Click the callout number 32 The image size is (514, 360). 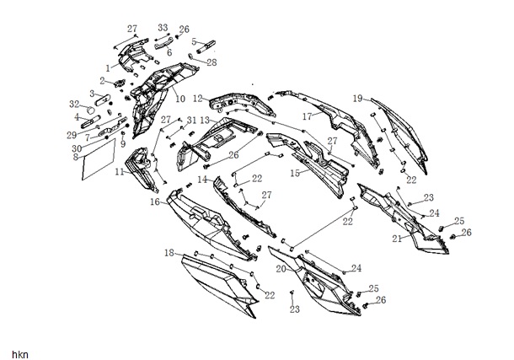74,104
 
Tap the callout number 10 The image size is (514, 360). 180,99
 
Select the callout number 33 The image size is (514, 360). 163,28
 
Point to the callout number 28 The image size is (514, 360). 211,62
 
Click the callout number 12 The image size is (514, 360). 198,99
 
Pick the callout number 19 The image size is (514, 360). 358,99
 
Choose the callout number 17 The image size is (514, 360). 308,116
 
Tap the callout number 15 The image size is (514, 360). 295,173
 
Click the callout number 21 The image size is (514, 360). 398,239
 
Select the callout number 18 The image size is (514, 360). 169,253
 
